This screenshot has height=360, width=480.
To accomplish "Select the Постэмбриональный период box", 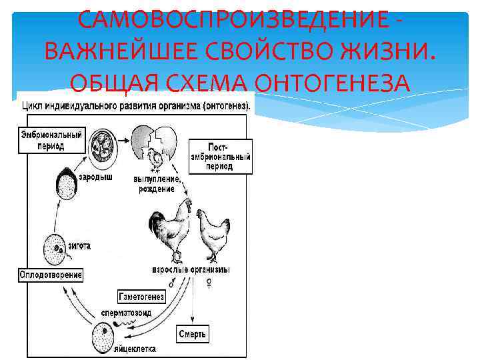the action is (221, 156).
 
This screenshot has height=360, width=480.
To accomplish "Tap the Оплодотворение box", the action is (51, 275).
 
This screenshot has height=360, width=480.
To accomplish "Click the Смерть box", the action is (193, 333).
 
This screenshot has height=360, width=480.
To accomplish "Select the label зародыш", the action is (95, 178).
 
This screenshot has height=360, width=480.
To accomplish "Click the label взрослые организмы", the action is (191, 270).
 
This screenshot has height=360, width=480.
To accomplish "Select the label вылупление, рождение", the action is (157, 185).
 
